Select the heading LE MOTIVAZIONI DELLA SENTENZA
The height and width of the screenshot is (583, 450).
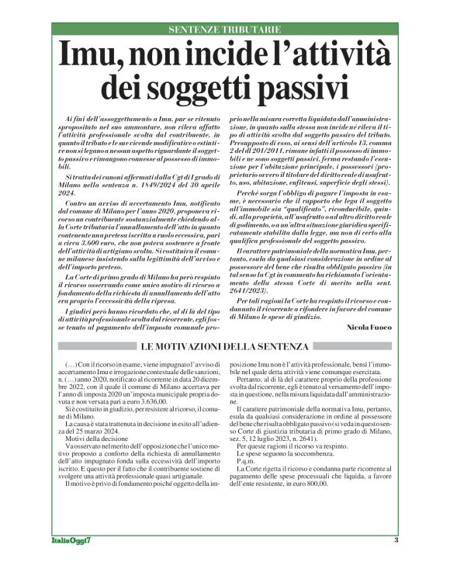pos(225,345)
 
